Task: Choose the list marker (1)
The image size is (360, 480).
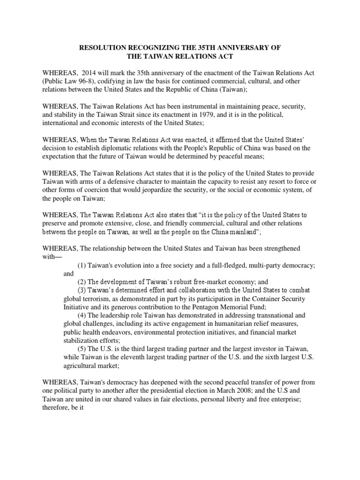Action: pyautogui.click(x=83, y=265)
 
